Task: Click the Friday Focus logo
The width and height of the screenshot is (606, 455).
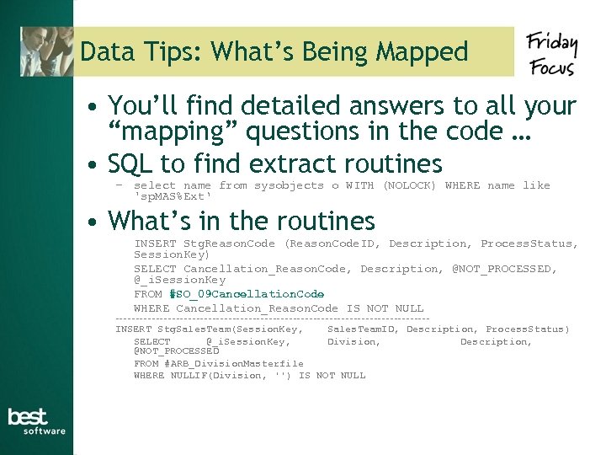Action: [x=552, y=55]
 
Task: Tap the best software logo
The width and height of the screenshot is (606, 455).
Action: [x=36, y=421]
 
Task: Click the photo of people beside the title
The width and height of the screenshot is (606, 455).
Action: [x=46, y=51]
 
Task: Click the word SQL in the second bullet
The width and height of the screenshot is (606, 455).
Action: [x=130, y=163]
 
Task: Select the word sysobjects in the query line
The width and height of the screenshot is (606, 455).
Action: [x=289, y=185]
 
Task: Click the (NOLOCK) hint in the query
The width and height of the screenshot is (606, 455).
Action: [x=409, y=185]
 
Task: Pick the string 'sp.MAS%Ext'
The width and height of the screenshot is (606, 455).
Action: [x=173, y=196]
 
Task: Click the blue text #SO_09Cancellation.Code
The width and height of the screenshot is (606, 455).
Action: [x=247, y=294]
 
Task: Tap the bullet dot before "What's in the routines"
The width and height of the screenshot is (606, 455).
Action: [x=98, y=222]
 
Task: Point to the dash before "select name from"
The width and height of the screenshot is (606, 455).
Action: [x=120, y=185]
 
